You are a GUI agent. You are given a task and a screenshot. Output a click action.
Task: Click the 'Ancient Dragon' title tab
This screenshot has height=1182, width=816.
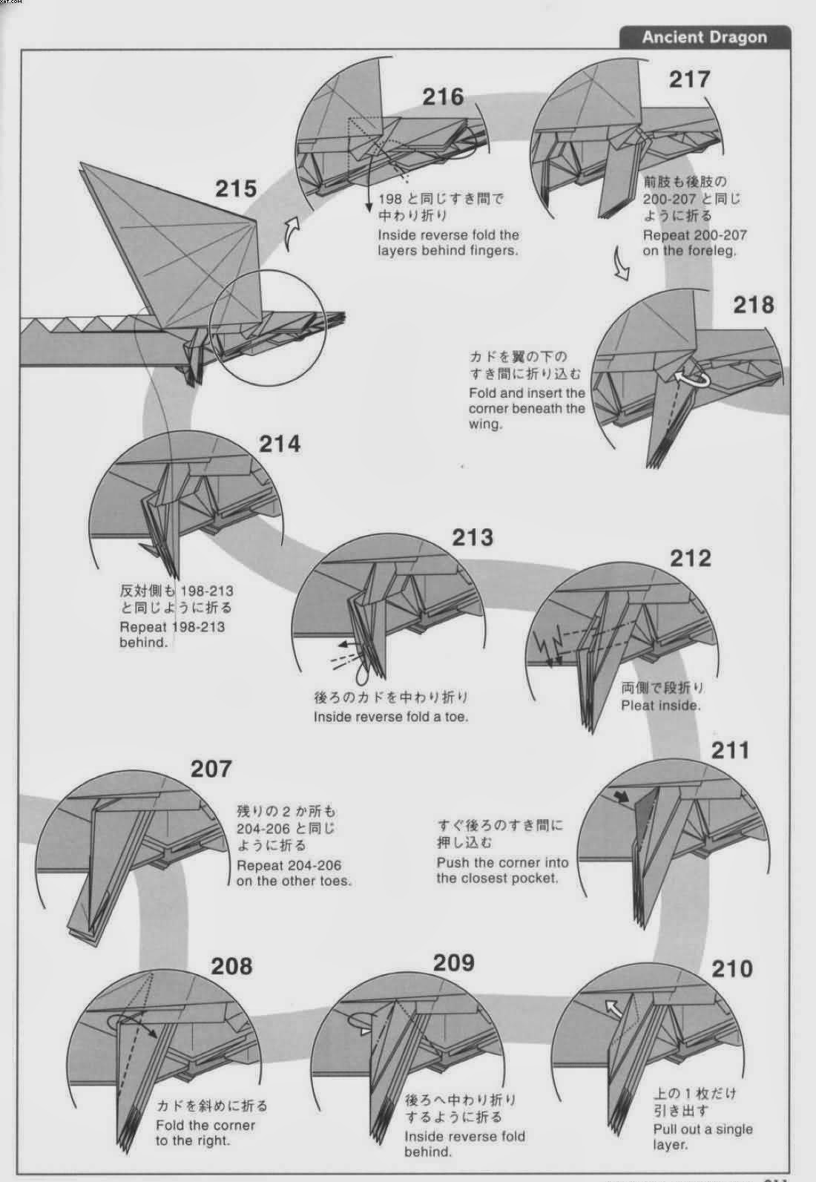705,37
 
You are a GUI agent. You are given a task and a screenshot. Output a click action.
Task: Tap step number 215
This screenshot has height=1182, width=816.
236,188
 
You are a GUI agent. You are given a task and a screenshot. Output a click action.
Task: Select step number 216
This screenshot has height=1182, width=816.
443,96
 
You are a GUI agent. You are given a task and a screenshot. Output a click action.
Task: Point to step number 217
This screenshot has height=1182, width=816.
690,79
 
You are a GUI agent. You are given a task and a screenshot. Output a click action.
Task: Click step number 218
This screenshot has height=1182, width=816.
754,305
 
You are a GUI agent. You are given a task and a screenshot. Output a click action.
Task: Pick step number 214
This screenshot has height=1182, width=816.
280,444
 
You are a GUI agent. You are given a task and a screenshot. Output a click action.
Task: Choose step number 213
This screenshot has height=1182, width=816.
473,537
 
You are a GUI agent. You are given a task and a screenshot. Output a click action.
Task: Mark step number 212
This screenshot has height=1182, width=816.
691,558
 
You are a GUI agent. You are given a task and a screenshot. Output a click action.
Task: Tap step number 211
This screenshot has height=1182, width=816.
730,750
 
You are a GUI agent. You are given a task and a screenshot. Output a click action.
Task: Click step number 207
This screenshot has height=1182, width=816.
211,769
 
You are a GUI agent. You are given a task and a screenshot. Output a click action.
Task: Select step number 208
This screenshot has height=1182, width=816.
231,966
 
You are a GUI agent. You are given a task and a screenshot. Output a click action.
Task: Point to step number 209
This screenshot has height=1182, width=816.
454,963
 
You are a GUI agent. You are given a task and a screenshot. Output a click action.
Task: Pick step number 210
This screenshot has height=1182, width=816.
731,969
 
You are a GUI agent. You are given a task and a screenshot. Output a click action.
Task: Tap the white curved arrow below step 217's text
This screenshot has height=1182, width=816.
622,262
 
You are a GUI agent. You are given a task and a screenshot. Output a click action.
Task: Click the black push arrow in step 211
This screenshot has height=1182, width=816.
622,796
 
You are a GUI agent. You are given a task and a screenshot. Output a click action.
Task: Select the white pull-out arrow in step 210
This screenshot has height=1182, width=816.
613,1009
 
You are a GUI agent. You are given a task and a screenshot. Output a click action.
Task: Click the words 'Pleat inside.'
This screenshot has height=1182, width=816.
660,706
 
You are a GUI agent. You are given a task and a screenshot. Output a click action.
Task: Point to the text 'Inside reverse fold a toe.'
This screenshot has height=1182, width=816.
391,717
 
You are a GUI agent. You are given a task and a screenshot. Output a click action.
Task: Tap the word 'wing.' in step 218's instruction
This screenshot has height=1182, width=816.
484,424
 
